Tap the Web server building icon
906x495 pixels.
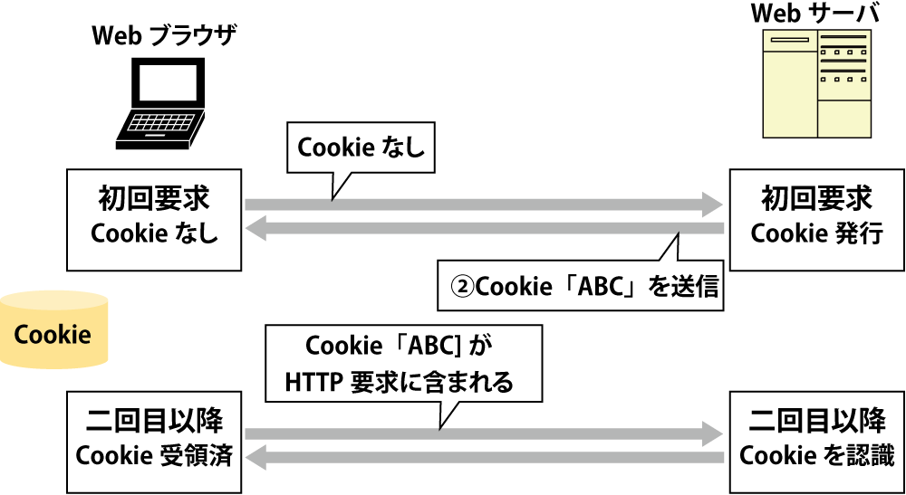pos(816,83)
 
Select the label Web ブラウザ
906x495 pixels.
pos(164,37)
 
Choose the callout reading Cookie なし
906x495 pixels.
pos(361,148)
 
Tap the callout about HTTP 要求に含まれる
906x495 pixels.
pos(403,364)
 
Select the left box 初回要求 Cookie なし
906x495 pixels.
pos(155,217)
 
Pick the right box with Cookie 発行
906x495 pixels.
pos(816,217)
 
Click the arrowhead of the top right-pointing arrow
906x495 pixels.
pos(712,205)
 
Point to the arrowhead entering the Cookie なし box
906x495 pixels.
pos(256,230)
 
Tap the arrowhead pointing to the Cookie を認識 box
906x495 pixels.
pos(712,434)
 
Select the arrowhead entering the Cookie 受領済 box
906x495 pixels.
pos(256,459)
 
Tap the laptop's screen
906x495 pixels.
pos(165,86)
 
